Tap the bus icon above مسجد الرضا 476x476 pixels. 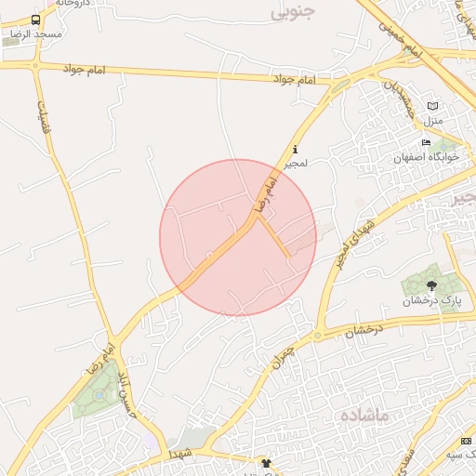(35, 20)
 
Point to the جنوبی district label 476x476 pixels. (294, 12)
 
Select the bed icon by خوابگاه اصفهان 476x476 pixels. (426, 142)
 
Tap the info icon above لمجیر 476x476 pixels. (296, 150)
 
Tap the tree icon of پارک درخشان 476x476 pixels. (431, 285)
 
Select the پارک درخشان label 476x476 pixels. (431, 301)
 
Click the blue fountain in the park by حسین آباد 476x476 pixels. (99, 395)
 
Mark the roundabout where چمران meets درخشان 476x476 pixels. (318, 336)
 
